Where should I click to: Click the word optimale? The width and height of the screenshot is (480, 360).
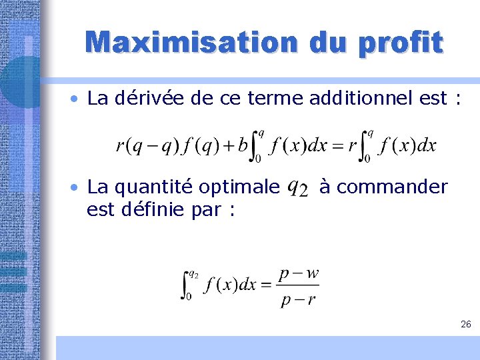coord(242,187)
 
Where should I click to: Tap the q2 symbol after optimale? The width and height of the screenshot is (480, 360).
coord(297,189)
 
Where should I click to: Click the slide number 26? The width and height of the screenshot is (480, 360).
coord(465,324)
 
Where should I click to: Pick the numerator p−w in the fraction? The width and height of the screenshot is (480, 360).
coord(298,273)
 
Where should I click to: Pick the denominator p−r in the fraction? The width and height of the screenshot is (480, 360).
coord(298,299)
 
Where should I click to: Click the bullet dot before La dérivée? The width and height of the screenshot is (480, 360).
coord(78,99)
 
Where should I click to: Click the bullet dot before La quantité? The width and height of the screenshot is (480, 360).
coord(78,188)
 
